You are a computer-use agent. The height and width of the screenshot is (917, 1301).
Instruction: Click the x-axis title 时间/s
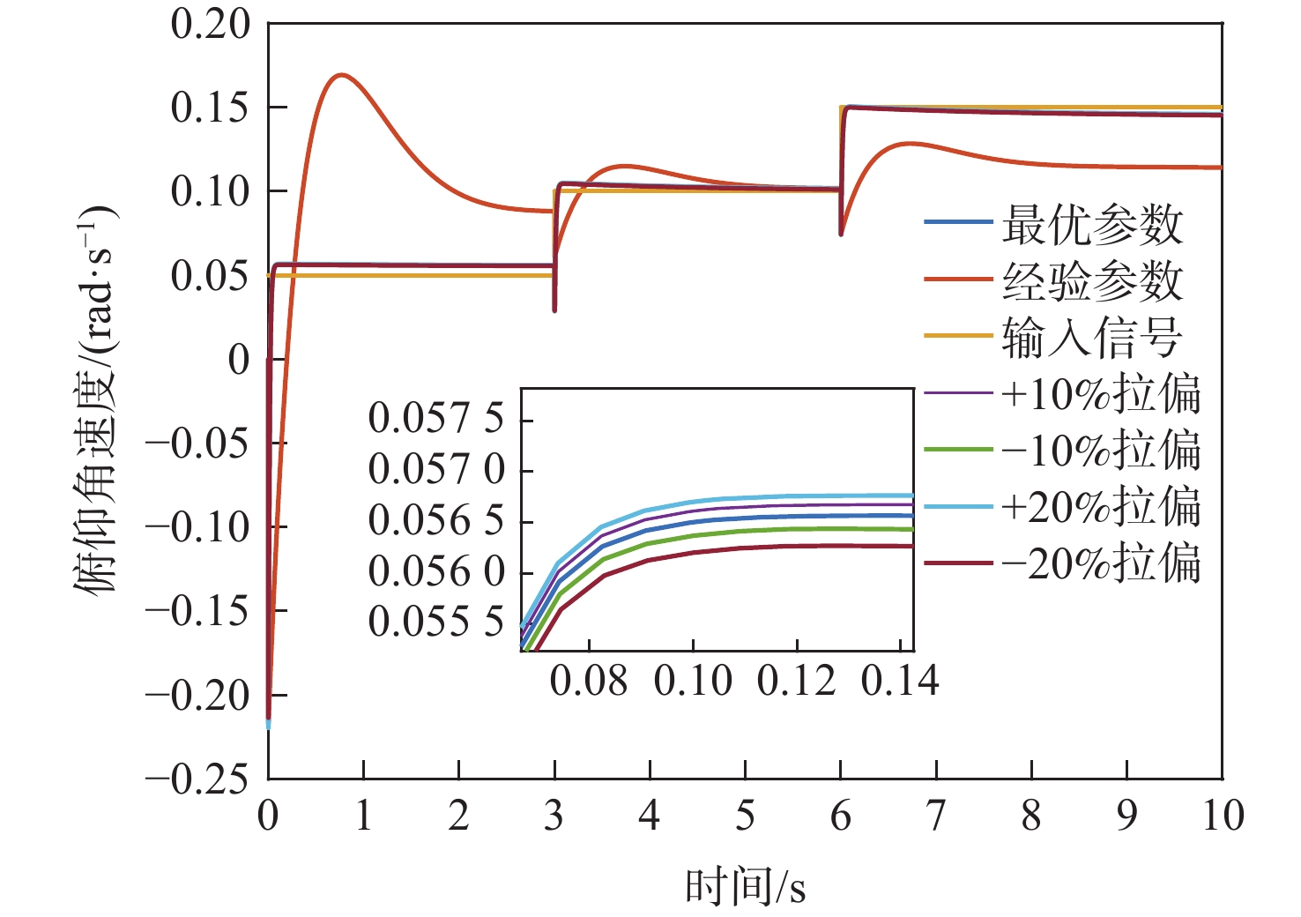click(746, 886)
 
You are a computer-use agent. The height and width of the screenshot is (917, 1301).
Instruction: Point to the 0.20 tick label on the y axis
click(211, 25)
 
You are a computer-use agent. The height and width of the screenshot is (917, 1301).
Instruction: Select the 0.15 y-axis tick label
click(211, 108)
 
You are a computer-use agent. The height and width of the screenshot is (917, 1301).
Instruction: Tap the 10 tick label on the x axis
click(1223, 816)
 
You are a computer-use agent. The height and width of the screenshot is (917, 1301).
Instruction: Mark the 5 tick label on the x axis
click(746, 816)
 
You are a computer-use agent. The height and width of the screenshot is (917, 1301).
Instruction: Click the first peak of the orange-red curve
click(342, 75)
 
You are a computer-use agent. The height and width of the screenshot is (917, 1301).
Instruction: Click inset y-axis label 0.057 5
click(436, 418)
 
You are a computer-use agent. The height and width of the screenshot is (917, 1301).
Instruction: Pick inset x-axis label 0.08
click(589, 682)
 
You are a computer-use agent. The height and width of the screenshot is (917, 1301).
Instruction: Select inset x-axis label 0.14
click(900, 682)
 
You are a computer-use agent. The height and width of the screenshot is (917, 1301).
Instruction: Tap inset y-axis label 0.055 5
click(436, 623)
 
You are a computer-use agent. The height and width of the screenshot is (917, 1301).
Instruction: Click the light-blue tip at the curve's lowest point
click(268, 726)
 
